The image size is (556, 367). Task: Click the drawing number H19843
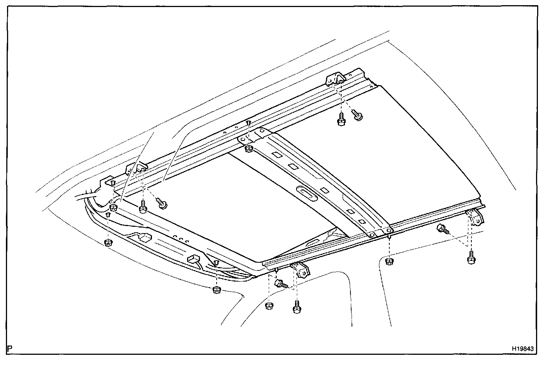[x=523, y=349]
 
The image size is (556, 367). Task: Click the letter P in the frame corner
[x=10, y=349]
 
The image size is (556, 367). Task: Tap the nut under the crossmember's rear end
[x=249, y=149]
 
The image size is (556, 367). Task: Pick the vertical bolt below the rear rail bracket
[x=340, y=120]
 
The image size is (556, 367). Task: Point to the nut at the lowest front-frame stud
[x=217, y=290]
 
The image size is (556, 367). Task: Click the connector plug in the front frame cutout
[x=145, y=238]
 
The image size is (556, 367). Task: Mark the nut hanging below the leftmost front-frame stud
[x=108, y=243]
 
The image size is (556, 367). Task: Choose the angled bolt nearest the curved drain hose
[x=162, y=203]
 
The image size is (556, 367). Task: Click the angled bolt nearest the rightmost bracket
[x=442, y=229]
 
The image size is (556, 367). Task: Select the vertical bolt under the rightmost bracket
[x=471, y=257]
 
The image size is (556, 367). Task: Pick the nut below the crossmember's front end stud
[x=389, y=262]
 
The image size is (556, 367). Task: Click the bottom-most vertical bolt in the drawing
[x=296, y=307]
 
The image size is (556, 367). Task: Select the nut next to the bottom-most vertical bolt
[x=269, y=306]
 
